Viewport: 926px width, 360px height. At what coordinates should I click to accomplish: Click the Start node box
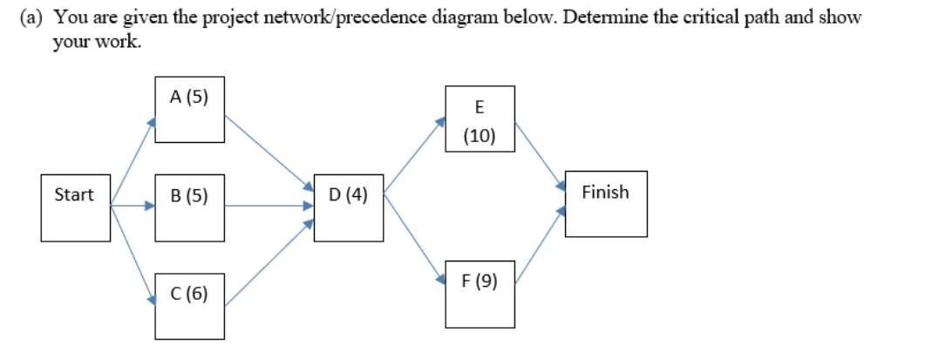[75, 207]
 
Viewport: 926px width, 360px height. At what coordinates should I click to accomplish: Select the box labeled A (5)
[189, 110]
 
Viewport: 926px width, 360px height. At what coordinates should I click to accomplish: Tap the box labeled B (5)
[189, 207]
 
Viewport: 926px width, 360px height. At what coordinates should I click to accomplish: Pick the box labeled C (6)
[189, 305]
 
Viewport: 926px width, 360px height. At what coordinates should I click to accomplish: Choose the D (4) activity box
[348, 207]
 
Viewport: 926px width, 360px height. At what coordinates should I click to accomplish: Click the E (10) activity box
[480, 119]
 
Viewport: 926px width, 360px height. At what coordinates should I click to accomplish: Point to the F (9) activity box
[480, 293]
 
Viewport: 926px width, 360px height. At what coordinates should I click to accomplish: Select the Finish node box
[606, 204]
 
